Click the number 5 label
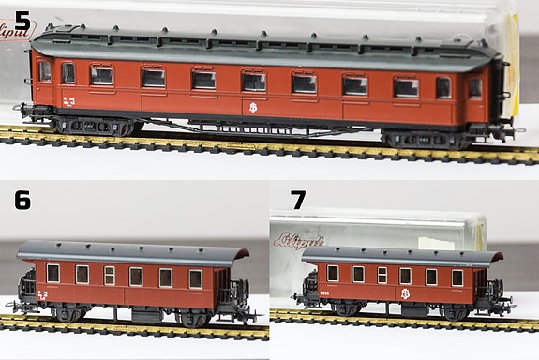click(x=22, y=19)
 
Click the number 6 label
click(x=22, y=200)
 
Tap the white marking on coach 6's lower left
click(x=43, y=294)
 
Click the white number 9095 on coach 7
click(x=323, y=294)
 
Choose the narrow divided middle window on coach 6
click(x=109, y=275)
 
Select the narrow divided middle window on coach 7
click(x=382, y=275)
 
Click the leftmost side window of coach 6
click(x=52, y=272)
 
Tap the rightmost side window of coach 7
click(x=457, y=277)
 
